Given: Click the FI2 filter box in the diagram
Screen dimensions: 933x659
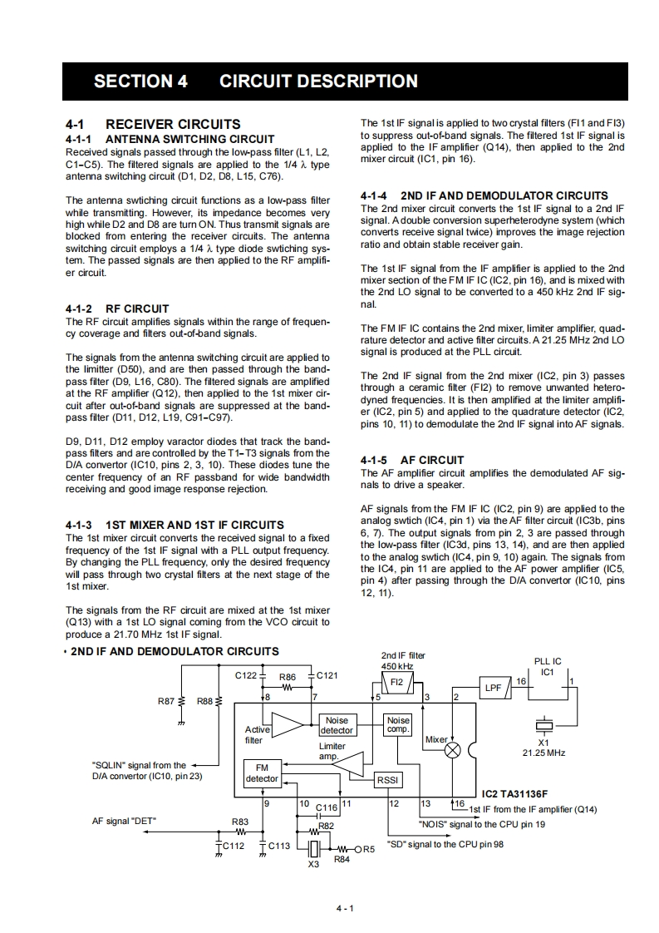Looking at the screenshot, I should click(x=396, y=683).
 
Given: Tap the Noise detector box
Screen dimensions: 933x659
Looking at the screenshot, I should click(x=337, y=725).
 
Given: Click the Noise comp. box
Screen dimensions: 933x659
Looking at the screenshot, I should click(x=398, y=724).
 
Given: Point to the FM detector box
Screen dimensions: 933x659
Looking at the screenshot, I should click(x=262, y=773).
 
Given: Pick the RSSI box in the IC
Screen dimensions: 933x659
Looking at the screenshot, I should click(x=387, y=780).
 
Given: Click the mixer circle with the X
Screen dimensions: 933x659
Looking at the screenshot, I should click(x=454, y=750).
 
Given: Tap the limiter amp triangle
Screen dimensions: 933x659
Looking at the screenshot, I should click(x=352, y=763).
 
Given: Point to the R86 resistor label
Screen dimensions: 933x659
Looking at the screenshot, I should click(x=288, y=678).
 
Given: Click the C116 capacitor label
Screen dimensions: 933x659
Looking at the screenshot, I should click(x=327, y=807).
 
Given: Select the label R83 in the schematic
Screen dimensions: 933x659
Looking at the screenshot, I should click(x=240, y=822).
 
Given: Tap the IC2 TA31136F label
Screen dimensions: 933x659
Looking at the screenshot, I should click(x=515, y=794).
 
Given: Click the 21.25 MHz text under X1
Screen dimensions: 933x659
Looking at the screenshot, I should click(x=543, y=753).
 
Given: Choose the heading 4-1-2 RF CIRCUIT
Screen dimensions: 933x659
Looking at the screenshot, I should click(x=117, y=309).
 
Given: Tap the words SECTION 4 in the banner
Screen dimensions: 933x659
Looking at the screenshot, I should click(x=140, y=81).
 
